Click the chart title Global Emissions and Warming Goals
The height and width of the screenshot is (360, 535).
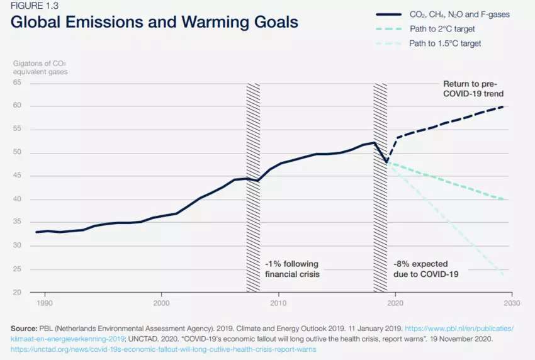(x=154, y=22)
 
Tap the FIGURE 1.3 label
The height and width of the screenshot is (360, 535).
(x=34, y=6)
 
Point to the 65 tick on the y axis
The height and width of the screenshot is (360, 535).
(x=17, y=82)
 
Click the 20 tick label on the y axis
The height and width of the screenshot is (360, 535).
(x=17, y=292)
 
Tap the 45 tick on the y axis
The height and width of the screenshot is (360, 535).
(x=17, y=176)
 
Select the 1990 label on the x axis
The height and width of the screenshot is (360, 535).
(x=44, y=303)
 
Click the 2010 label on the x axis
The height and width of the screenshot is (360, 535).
(x=278, y=303)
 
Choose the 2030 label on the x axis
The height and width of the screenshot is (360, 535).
(x=512, y=303)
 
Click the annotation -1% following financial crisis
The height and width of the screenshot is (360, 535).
(x=293, y=269)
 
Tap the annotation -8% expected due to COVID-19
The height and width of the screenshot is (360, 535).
(x=426, y=269)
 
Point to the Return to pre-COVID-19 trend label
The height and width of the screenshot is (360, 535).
(x=473, y=89)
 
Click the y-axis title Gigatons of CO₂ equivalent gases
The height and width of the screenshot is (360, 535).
(x=40, y=67)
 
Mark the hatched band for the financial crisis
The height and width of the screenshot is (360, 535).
(x=253, y=188)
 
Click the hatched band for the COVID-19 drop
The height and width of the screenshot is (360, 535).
(x=380, y=188)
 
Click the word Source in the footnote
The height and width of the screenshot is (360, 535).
(x=24, y=329)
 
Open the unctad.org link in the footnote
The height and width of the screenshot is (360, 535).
(x=164, y=349)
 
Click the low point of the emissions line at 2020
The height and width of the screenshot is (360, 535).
(x=386, y=162)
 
